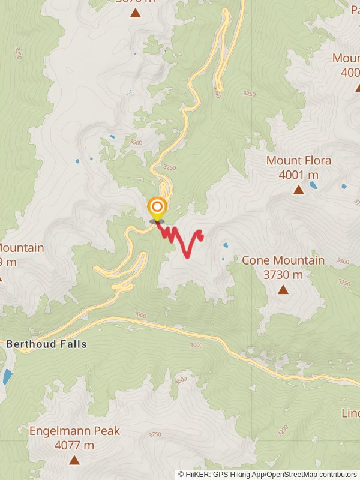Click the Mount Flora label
298,161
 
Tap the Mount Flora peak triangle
298,190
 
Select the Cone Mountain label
283,260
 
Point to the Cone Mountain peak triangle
283,290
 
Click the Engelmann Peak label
74,431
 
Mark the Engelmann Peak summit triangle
74,460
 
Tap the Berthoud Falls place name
46,344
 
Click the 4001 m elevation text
298,175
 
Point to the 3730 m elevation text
283,275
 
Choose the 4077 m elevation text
74,445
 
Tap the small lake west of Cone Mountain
225,245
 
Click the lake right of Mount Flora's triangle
313,185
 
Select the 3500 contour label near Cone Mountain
343,262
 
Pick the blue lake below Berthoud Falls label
7,377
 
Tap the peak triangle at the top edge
136,12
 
